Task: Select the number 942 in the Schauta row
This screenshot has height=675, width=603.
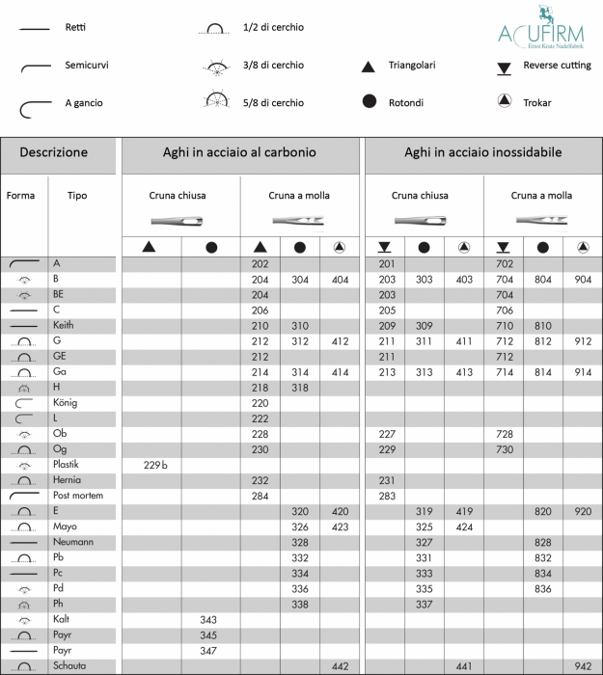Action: click(583, 666)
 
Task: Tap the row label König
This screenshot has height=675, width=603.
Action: click(66, 403)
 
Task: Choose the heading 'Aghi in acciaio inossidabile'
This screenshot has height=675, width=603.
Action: click(482, 152)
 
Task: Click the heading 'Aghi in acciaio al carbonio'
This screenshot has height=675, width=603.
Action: click(239, 152)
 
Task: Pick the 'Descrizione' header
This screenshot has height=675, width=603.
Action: click(54, 152)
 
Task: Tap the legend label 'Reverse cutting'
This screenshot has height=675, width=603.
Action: click(557, 66)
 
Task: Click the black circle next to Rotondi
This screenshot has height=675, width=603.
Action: click(368, 101)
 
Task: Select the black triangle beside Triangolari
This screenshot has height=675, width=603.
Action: click(368, 67)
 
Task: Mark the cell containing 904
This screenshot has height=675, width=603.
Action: click(583, 279)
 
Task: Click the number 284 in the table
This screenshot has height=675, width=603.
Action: click(260, 496)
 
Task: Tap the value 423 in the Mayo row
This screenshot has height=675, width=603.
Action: click(340, 526)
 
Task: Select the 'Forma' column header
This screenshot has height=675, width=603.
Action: click(20, 196)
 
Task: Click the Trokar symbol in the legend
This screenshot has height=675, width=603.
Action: click(503, 101)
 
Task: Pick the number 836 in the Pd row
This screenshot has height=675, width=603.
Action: click(543, 588)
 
